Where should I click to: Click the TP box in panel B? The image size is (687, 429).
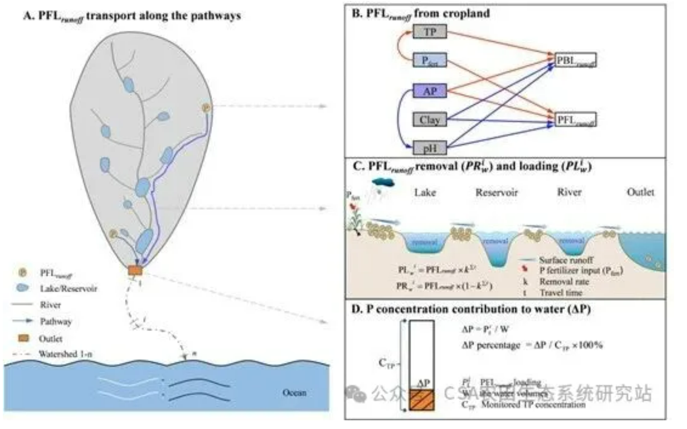click(x=429, y=32)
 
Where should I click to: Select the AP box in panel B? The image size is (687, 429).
click(x=429, y=91)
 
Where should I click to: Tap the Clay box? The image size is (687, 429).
click(x=429, y=120)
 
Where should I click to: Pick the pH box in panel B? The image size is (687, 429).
click(x=429, y=148)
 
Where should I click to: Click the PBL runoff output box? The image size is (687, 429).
click(x=575, y=60)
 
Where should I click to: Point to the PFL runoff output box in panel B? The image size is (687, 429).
click(x=576, y=120)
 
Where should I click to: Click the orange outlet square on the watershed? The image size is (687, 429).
click(x=135, y=271)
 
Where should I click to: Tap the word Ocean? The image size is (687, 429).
click(x=294, y=393)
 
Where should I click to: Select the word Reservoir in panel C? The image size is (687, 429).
click(x=497, y=192)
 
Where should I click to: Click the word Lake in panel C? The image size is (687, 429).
click(x=425, y=192)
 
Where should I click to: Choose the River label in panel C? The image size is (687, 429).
click(x=569, y=192)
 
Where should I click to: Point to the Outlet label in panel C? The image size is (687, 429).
click(x=640, y=192)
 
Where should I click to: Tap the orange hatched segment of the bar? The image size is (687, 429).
click(x=422, y=400)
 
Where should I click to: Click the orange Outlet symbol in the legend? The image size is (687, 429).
click(x=23, y=338)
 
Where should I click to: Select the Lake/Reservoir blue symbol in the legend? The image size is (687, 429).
click(x=22, y=288)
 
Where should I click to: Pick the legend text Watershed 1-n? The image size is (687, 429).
click(x=65, y=354)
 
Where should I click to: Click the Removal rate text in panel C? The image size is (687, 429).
click(x=564, y=281)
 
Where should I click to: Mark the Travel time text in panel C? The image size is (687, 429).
click(x=561, y=292)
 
